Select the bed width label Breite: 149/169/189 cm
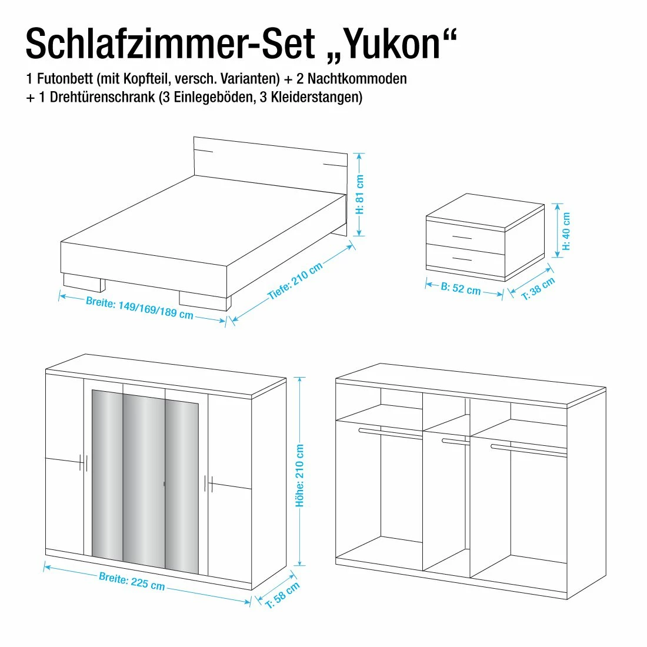[139, 308]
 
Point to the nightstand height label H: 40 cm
[566, 231]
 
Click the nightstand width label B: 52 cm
[461, 289]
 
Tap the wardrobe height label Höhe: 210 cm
[300, 476]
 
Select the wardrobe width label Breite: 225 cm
[132, 581]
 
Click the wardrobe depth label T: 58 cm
[282, 595]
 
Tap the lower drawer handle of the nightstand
[462, 258]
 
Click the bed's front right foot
[205, 299]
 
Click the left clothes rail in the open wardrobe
[390, 433]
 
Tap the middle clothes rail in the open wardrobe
[456, 441]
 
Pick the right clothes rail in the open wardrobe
[528, 450]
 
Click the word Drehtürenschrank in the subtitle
[102, 97]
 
